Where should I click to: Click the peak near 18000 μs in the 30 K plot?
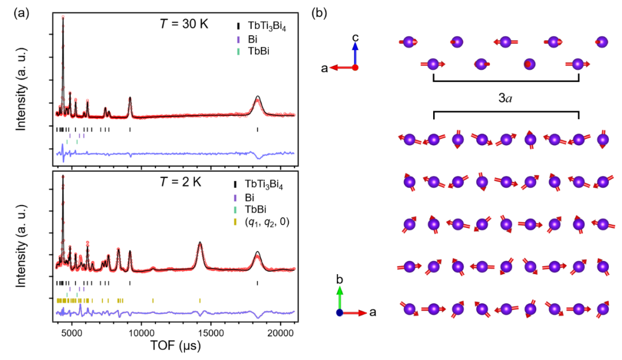257,97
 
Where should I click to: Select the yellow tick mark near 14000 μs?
200,300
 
